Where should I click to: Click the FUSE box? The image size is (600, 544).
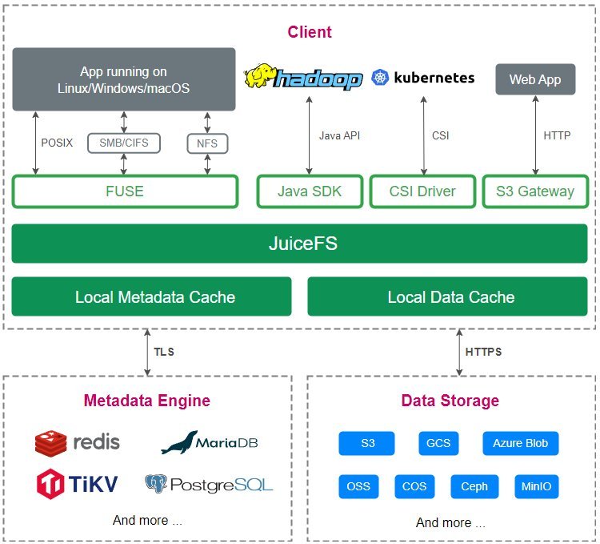coord(125,191)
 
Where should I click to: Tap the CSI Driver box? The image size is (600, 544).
coord(423,191)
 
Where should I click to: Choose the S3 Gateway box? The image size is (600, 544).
coord(535,191)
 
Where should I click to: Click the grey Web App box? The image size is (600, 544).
coord(535,79)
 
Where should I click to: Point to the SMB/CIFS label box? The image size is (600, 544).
coord(123,143)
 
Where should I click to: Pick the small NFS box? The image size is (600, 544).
coord(207,144)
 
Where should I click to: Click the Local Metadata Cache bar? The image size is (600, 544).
coord(151,297)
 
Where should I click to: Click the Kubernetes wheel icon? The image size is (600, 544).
coord(380,78)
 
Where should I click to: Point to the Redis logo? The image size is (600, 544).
coord(50,442)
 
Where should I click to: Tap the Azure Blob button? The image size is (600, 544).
coord(520,443)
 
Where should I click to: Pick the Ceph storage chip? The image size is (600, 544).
coord(474,486)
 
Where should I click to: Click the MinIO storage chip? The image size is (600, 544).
coord(535,486)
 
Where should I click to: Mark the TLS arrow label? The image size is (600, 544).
coord(164,352)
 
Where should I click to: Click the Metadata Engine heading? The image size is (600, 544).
coord(148,401)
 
